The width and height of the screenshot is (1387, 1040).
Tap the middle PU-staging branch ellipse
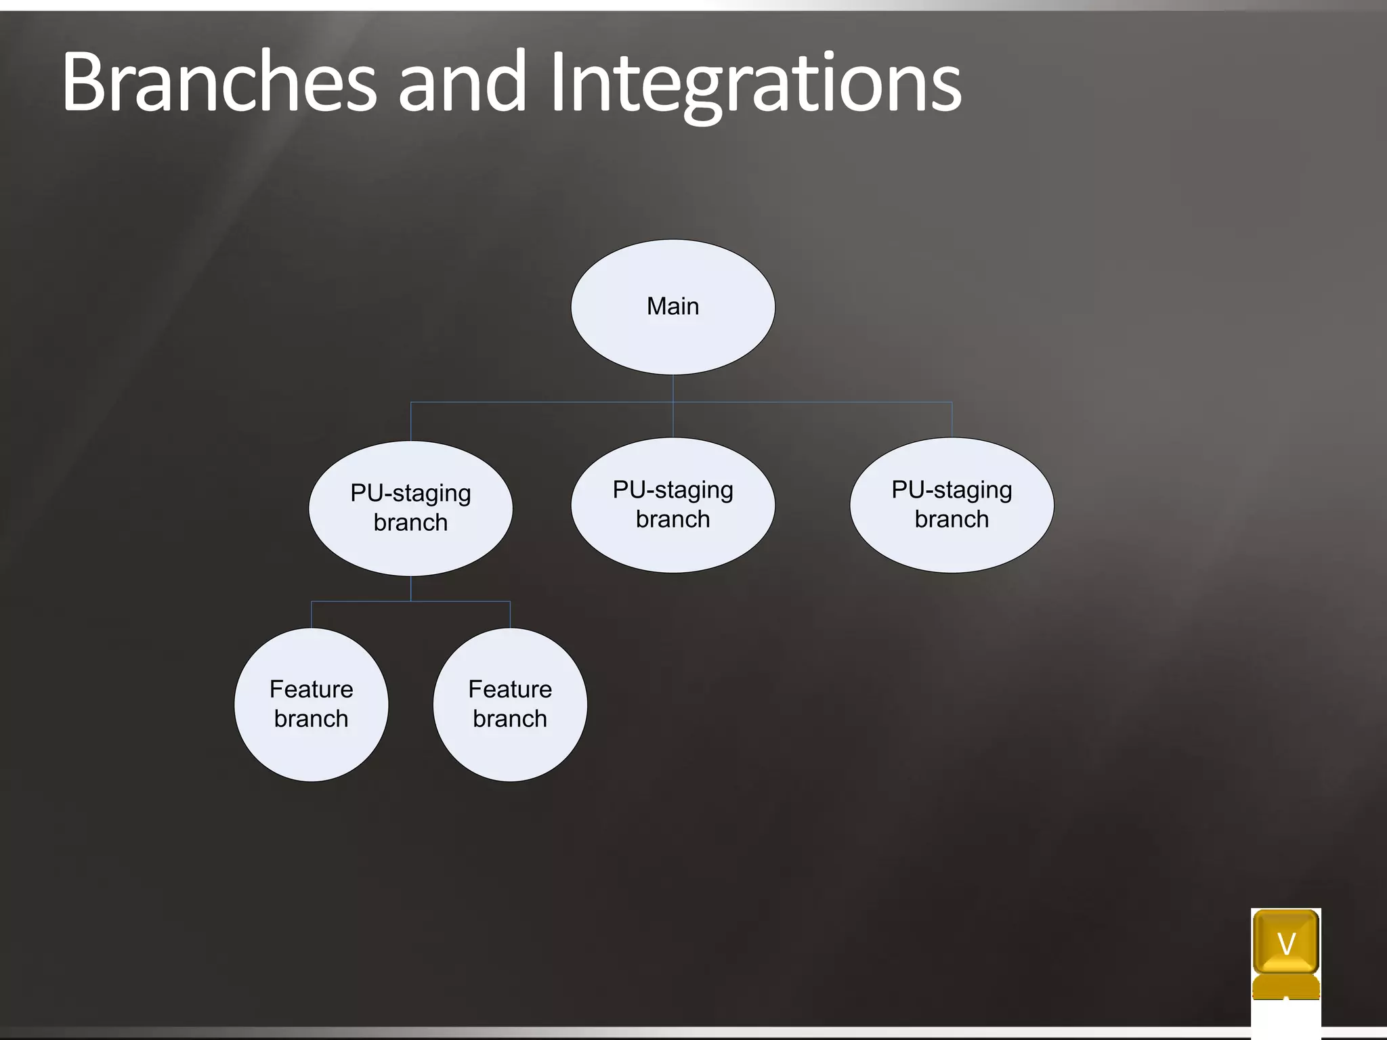[x=673, y=542]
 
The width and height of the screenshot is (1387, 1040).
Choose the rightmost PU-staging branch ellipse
[x=952, y=542]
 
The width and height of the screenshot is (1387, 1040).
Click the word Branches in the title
[x=218, y=83]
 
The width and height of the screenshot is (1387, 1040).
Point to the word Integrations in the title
[x=755, y=83]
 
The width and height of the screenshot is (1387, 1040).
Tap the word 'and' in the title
[x=462, y=83]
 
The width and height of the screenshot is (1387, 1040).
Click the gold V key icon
[x=1285, y=943]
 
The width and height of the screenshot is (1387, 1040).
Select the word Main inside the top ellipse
[x=673, y=306]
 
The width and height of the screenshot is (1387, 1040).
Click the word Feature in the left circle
[x=311, y=689]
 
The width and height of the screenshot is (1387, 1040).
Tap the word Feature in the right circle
[x=510, y=689]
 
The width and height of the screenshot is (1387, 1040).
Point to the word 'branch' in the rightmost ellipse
[x=952, y=519]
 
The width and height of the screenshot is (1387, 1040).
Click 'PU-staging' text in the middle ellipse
[x=673, y=490]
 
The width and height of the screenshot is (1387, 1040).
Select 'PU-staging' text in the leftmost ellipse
[x=410, y=493]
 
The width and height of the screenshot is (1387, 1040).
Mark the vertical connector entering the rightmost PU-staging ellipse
[x=952, y=420]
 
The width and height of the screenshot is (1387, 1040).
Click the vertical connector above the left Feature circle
[x=312, y=615]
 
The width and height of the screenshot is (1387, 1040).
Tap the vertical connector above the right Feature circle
[x=510, y=615]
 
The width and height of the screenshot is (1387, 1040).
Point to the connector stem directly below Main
[x=673, y=388]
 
